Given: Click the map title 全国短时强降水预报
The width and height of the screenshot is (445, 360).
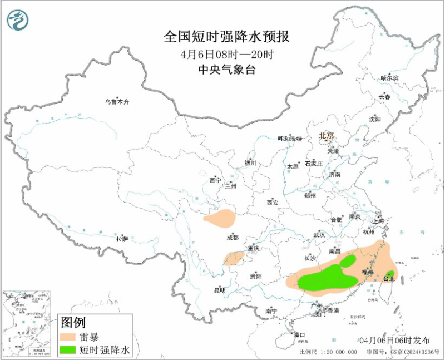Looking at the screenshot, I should (x=227, y=37).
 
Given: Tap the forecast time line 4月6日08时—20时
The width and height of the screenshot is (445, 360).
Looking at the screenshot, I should (x=227, y=55).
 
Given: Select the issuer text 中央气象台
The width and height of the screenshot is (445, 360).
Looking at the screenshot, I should (x=227, y=70).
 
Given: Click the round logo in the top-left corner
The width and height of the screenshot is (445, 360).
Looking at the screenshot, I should (x=17, y=21).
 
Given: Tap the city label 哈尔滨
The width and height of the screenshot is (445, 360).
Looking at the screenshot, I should (x=389, y=78).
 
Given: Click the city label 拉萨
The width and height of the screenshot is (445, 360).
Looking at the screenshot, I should (x=122, y=239).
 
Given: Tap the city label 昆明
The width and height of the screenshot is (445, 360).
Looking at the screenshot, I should (x=220, y=290).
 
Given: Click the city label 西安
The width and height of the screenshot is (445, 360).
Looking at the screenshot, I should (x=272, y=203).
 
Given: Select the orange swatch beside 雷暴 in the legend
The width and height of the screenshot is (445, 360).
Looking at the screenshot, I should (x=67, y=336).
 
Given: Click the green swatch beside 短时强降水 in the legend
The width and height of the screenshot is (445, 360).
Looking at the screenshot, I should (x=67, y=350).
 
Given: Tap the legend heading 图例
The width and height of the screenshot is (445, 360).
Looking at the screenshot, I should (x=72, y=322).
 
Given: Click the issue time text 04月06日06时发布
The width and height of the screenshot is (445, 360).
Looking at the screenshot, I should (x=394, y=340).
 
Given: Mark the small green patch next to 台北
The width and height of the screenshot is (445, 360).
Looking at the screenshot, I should (x=390, y=274).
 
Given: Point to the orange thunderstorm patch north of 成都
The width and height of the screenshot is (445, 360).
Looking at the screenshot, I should (x=219, y=218).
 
